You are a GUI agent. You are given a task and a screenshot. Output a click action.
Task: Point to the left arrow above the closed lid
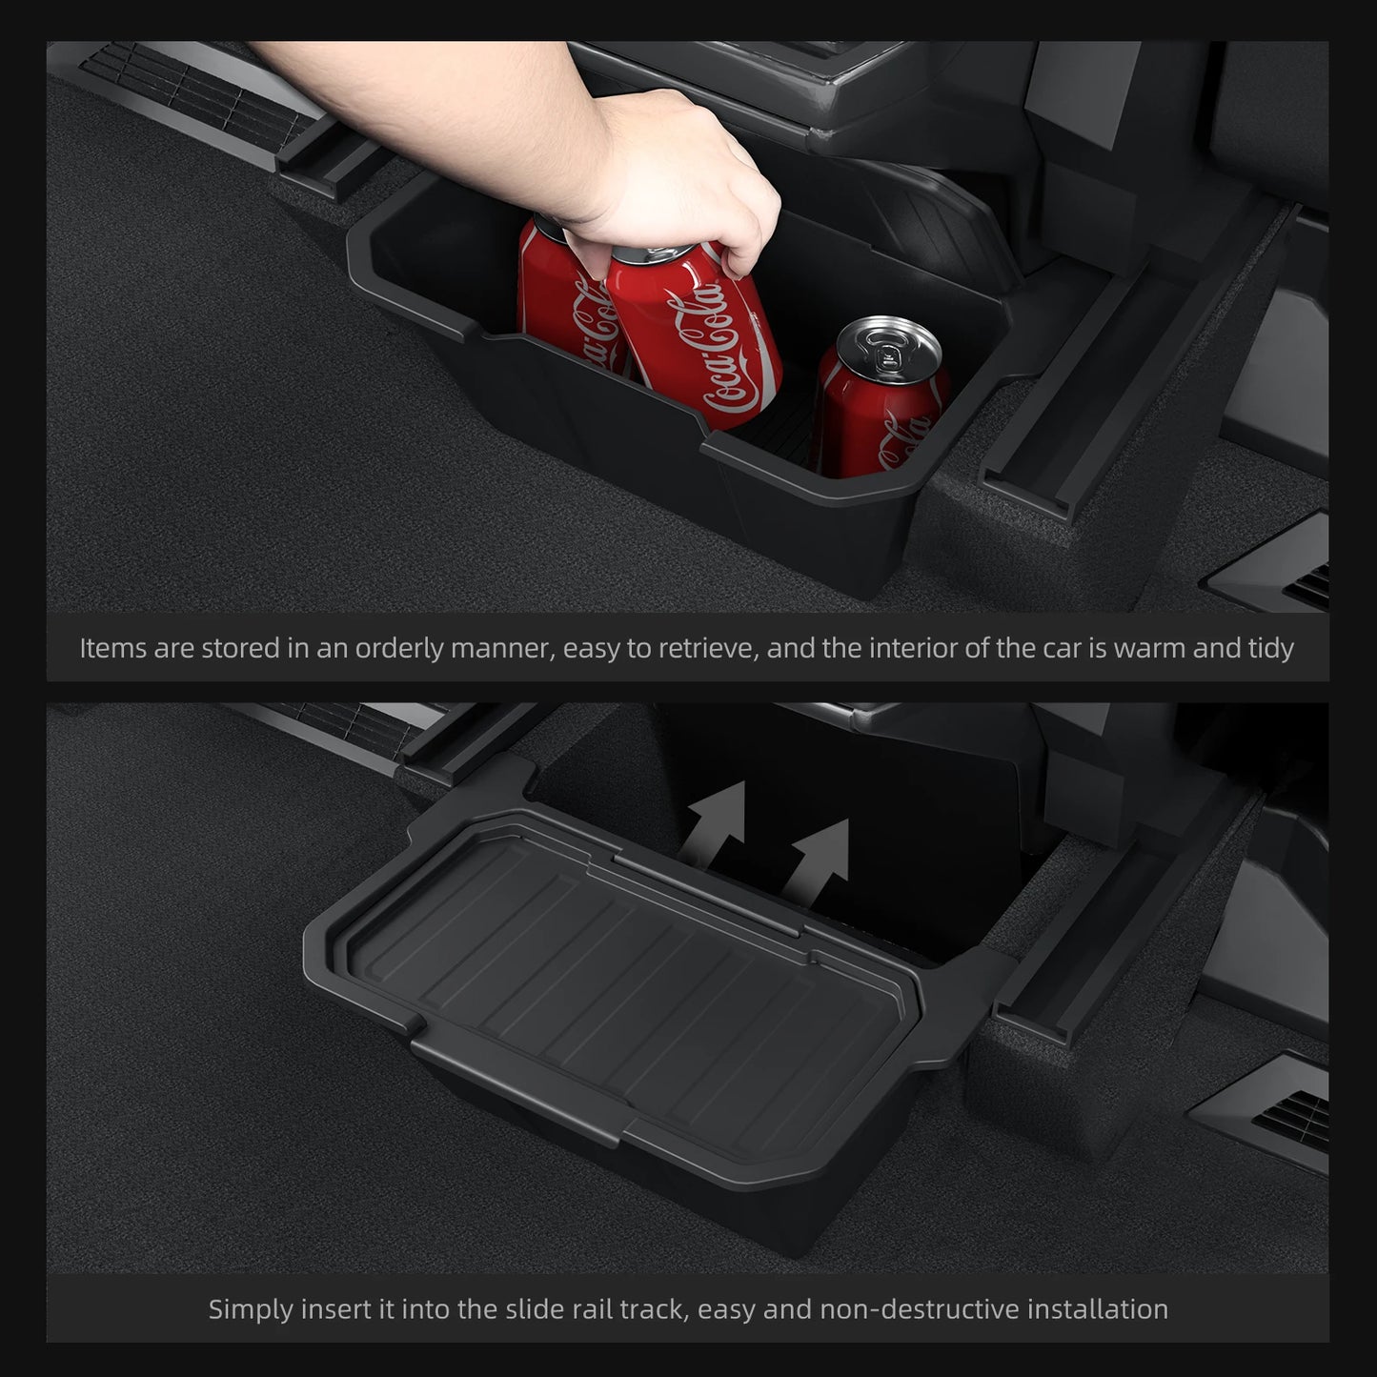pyautogui.click(x=719, y=824)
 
